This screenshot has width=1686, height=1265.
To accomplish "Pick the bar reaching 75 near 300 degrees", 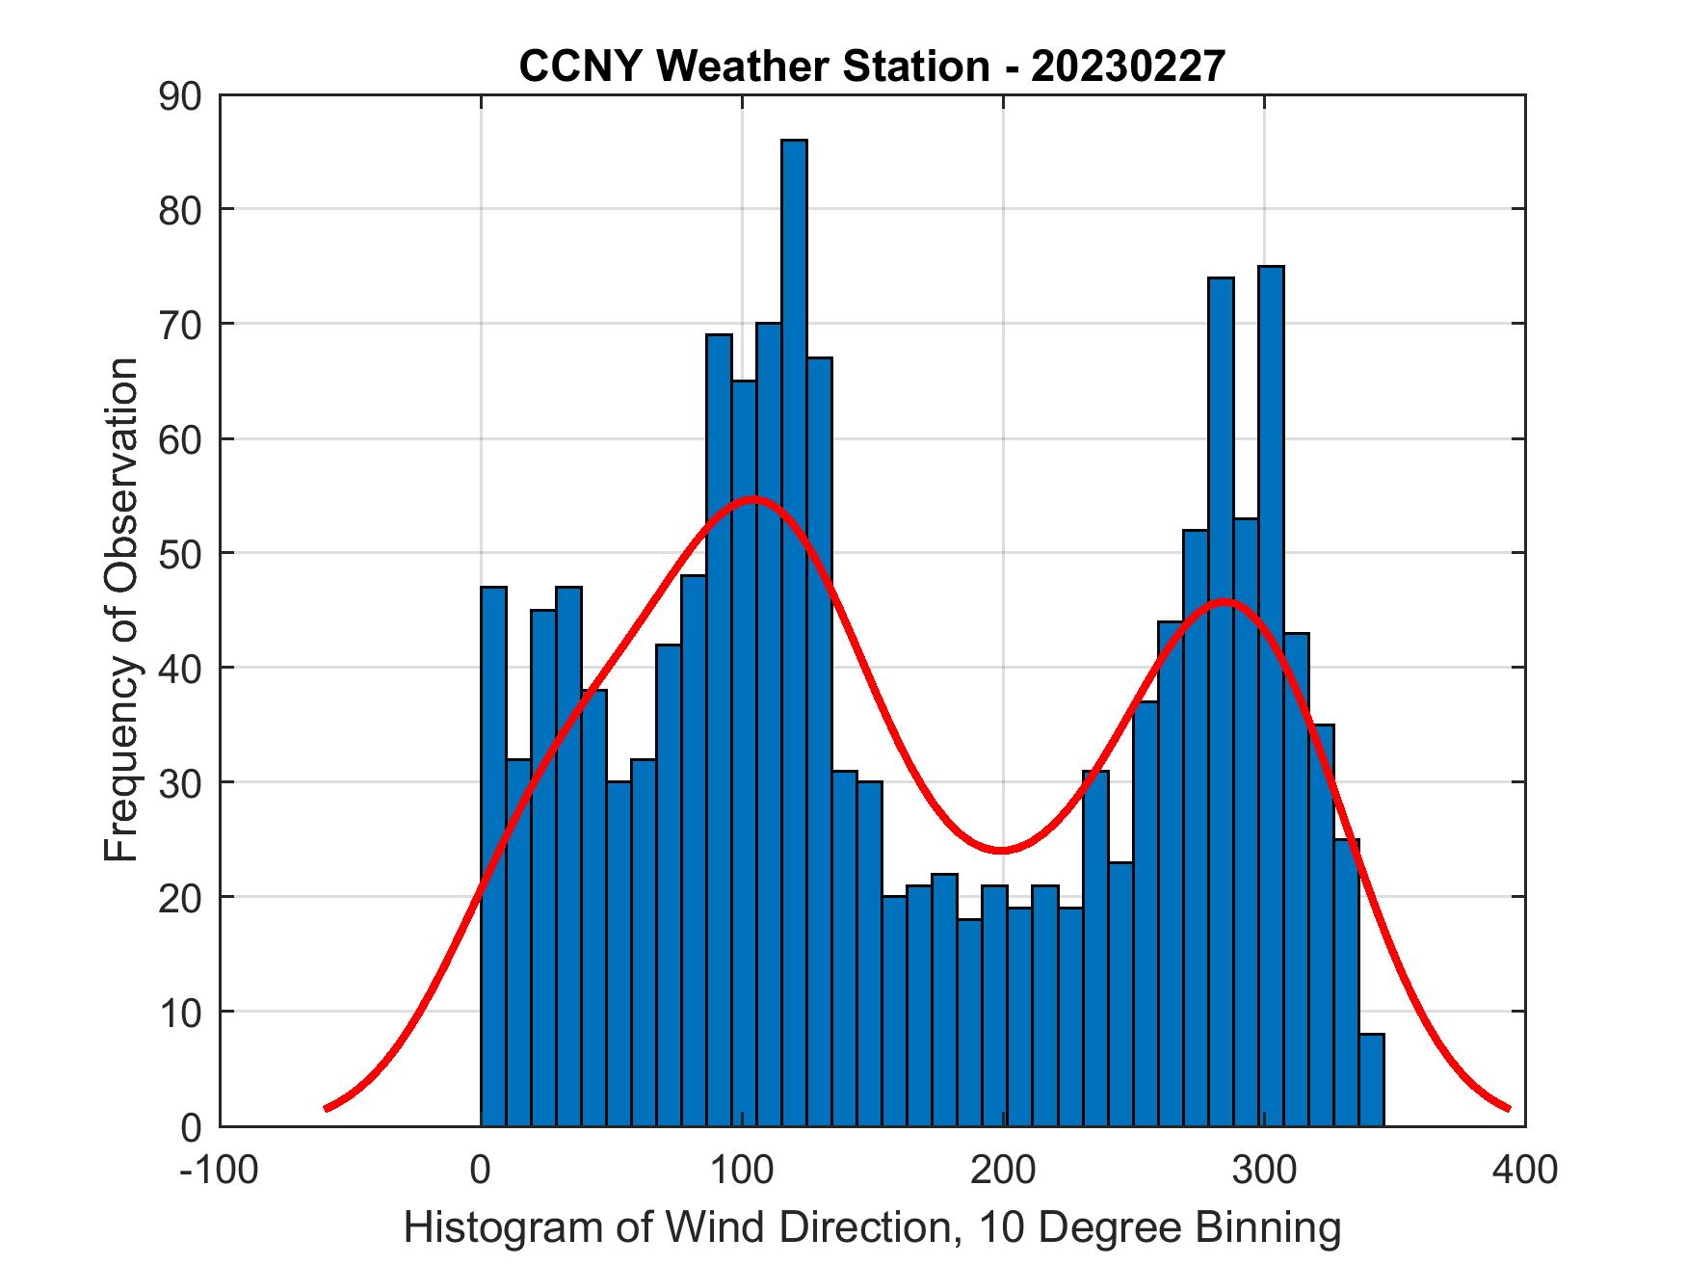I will coord(1271,694).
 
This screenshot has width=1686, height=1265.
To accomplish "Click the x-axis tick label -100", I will coord(220,1170).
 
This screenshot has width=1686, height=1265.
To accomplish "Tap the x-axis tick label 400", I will coord(1524,1170).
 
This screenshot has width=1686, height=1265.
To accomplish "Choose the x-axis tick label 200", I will coord(1003,1170).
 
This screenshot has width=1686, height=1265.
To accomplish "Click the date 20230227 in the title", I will coord(1128,66).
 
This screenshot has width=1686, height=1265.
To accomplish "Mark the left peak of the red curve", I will coord(752,499).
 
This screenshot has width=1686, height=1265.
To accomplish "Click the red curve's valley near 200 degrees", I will coord(1002,850).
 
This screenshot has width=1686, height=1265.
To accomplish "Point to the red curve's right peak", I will coord(1225,602).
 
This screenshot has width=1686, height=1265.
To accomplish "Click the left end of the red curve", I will coord(328,1108).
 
